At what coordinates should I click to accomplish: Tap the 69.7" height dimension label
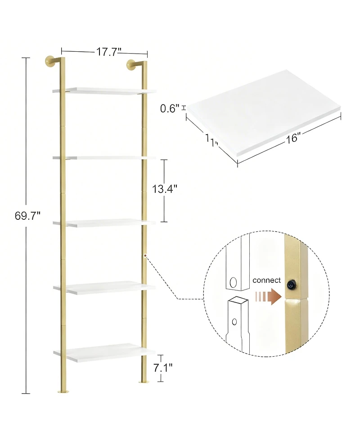[27, 216]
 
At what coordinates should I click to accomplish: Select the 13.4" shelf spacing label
[164, 189]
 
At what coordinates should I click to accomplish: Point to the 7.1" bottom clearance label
[162, 368]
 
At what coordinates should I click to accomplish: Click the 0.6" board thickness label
[170, 108]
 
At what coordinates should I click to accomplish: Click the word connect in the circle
[267, 280]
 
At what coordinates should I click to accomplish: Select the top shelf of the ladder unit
[103, 91]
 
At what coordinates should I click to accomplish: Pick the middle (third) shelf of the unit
[103, 222]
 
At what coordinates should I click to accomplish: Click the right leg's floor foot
[145, 382]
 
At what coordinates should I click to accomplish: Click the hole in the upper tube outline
[233, 283]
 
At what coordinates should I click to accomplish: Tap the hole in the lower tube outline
[234, 322]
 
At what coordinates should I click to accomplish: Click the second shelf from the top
[103, 158]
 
